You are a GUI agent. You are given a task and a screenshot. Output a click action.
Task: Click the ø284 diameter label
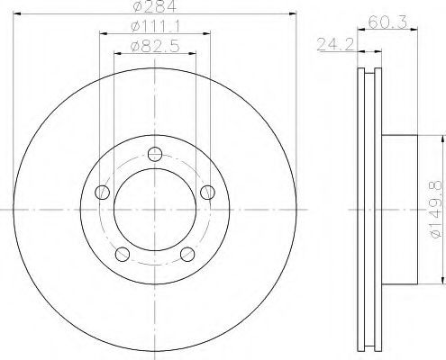click(x=154, y=6)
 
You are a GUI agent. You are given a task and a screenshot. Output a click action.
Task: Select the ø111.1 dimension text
click(x=155, y=27)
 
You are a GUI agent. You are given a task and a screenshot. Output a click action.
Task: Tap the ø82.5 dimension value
click(x=155, y=47)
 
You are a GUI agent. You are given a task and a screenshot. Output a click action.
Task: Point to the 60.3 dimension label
click(x=387, y=22)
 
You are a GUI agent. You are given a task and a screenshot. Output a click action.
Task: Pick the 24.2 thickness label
click(x=336, y=44)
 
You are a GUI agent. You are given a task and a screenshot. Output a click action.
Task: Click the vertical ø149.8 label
click(x=436, y=209)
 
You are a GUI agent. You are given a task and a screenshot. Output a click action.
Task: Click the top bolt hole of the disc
click(x=155, y=154)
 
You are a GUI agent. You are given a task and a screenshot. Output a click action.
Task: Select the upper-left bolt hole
click(x=102, y=193)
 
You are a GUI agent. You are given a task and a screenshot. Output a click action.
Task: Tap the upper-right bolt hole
click(x=207, y=193)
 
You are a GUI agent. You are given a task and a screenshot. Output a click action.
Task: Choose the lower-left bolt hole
click(x=123, y=254)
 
